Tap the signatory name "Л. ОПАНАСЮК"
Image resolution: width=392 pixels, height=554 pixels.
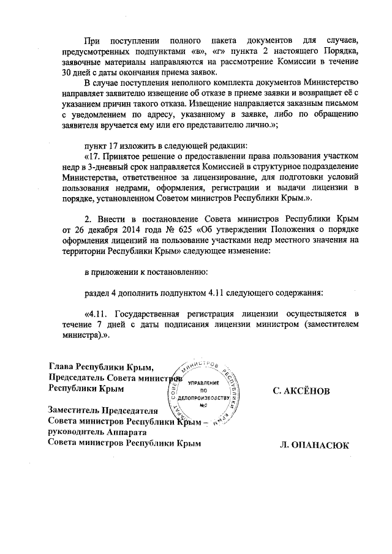point(313,445)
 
